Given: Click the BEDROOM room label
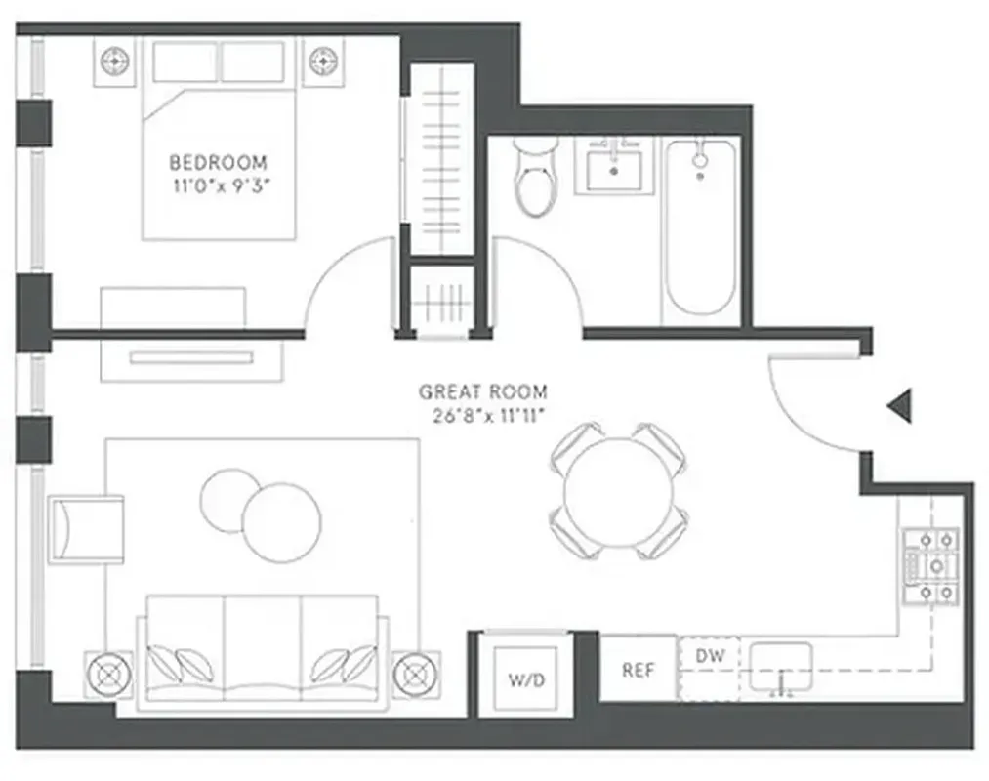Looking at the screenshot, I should click(x=218, y=162).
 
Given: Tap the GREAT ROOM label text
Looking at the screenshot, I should click(x=483, y=392).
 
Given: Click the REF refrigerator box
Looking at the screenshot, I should click(x=638, y=670).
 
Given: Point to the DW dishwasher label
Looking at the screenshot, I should click(x=710, y=657).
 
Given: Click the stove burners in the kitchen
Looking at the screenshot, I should click(x=930, y=566).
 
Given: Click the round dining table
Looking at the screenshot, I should click(x=618, y=491).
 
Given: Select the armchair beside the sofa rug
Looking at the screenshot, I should click(x=87, y=528).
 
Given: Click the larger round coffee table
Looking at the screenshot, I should click(x=282, y=522).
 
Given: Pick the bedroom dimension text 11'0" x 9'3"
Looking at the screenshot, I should click(x=218, y=185).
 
